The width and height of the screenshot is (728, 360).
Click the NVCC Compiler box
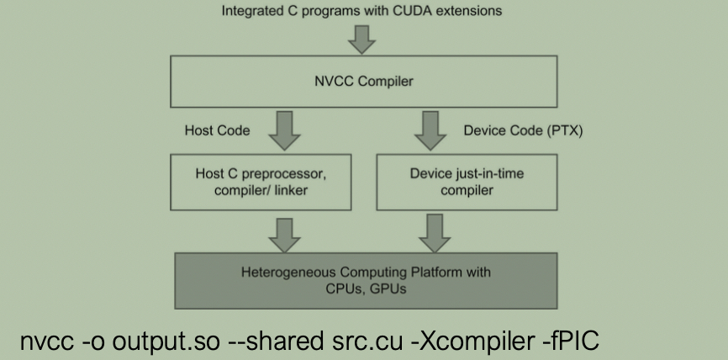(x=363, y=82)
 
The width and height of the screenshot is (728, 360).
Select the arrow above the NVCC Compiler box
(x=361, y=40)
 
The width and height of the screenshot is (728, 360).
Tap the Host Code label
(x=217, y=130)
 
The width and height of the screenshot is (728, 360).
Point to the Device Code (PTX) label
(x=523, y=131)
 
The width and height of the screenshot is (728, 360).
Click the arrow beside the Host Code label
(x=284, y=130)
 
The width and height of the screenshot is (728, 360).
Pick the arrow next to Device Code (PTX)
(x=430, y=130)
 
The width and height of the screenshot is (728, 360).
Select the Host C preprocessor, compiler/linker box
(x=261, y=182)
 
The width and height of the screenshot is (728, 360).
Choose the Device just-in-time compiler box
(x=467, y=182)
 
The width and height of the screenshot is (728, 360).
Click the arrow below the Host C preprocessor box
(x=284, y=236)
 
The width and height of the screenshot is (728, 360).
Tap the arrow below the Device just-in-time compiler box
(x=435, y=234)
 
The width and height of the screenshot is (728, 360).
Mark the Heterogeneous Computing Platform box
(x=366, y=281)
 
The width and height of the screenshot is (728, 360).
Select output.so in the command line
(x=166, y=341)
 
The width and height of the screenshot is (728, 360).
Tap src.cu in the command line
(x=367, y=341)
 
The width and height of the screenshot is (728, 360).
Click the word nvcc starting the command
(x=46, y=343)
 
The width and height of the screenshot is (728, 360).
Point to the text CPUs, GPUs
(x=366, y=289)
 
